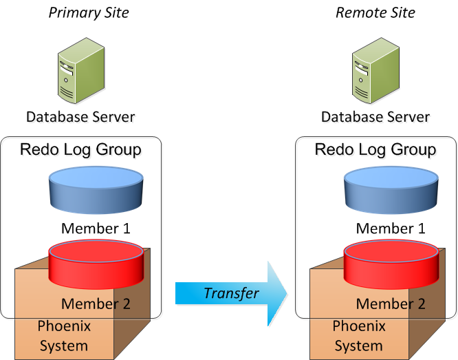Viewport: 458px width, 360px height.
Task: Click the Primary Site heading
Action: pos(89,12)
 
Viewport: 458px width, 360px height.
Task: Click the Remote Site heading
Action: pos(375,12)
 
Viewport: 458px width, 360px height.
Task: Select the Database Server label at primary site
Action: pos(80,116)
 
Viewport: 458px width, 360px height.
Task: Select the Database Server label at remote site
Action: pos(375,116)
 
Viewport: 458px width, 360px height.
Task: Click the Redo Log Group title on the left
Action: pos(80,149)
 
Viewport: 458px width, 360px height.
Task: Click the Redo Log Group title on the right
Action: pos(375,149)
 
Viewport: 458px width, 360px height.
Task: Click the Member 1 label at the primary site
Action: pos(96,229)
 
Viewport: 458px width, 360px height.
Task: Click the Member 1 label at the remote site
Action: pos(391,229)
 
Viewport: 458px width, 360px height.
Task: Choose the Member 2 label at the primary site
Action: pos(96,304)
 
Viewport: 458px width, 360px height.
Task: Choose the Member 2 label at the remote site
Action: pos(391,304)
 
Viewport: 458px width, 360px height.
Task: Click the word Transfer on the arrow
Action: pos(231,293)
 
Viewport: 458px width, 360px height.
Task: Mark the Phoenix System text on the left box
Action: pos(63,336)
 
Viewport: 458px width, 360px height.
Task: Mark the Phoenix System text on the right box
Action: pos(359,336)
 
